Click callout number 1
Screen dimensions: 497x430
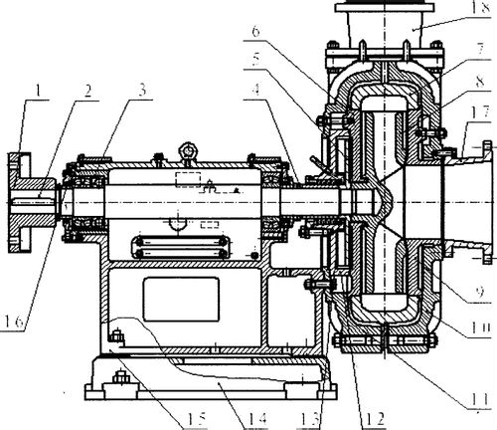pyautogui.click(x=39, y=91)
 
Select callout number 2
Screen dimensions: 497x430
pyautogui.click(x=87, y=91)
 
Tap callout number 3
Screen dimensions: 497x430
pyautogui.click(x=142, y=90)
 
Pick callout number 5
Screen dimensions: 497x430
pyautogui.click(x=255, y=60)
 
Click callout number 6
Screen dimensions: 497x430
pyautogui.click(x=255, y=31)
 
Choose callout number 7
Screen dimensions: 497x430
pyautogui.click(x=480, y=50)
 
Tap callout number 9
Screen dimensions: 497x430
pyautogui.click(x=480, y=292)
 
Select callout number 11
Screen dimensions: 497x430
pyautogui.click(x=480, y=398)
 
